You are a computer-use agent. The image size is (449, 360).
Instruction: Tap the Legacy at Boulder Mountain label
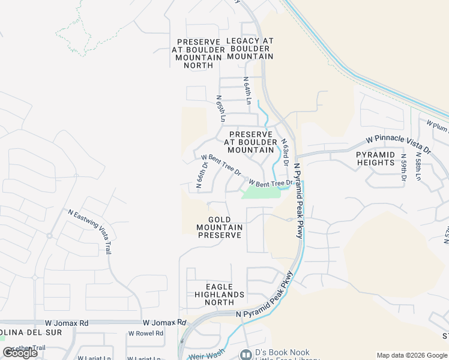point(250,49)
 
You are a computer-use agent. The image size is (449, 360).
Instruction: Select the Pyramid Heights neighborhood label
point(376,158)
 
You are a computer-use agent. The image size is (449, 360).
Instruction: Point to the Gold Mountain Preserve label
point(220,227)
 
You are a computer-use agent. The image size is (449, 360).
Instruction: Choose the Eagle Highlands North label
point(220,295)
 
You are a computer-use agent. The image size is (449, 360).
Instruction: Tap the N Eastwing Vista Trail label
point(90,231)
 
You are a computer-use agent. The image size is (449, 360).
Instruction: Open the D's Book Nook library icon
point(246,355)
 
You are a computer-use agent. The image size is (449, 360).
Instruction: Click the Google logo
point(20,353)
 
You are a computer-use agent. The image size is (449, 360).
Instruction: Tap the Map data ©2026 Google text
point(412,355)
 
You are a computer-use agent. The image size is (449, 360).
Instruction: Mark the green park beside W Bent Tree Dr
point(261,193)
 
